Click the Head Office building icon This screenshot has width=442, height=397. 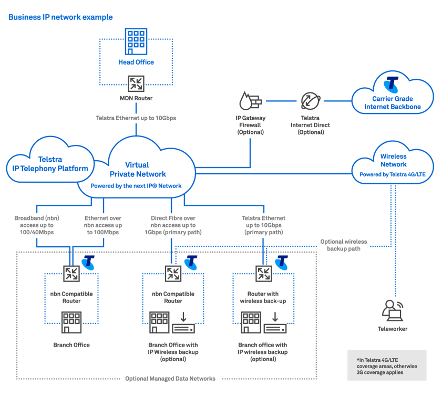click(136, 42)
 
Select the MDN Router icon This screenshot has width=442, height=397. click(136, 83)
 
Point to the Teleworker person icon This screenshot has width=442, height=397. click(392, 310)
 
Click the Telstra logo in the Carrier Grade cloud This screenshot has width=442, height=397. click(392, 85)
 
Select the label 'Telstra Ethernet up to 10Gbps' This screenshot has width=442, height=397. click(136, 118)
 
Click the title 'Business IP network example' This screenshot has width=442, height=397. click(60, 17)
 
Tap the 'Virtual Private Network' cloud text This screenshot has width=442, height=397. click(138, 170)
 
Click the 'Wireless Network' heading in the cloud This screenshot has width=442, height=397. click(393, 160)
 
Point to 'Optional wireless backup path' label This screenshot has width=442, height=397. click(344, 245)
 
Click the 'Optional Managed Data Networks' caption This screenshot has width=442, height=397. click(170, 378)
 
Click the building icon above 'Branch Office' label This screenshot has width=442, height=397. click(71, 321)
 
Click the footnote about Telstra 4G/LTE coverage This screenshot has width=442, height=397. click(386, 365)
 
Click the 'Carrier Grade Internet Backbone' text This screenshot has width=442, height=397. click(393, 103)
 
